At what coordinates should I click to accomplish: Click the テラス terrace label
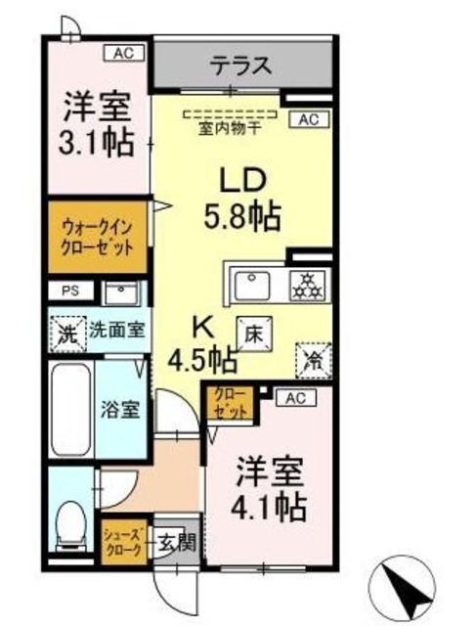click(x=238, y=67)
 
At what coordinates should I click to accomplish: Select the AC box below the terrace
click(x=307, y=120)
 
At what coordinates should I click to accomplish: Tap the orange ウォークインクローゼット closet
click(x=96, y=237)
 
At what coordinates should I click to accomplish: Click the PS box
click(x=67, y=291)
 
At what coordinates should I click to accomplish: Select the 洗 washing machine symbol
click(x=66, y=331)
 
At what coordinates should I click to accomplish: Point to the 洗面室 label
click(x=116, y=330)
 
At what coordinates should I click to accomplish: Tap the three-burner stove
click(x=308, y=285)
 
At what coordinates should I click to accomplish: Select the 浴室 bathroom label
click(x=120, y=409)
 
